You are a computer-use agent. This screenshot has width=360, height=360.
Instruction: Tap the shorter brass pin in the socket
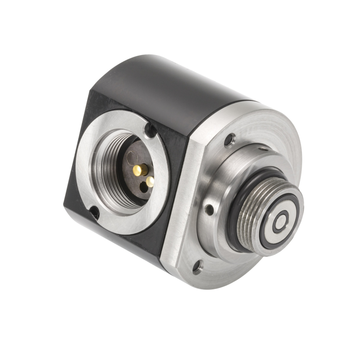tap(150, 180)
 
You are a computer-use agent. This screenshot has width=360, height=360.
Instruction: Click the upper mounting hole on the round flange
tap(231, 139)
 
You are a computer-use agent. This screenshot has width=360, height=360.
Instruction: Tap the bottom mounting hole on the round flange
tap(197, 268)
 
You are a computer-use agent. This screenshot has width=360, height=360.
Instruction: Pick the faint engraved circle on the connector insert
tap(131, 159)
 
